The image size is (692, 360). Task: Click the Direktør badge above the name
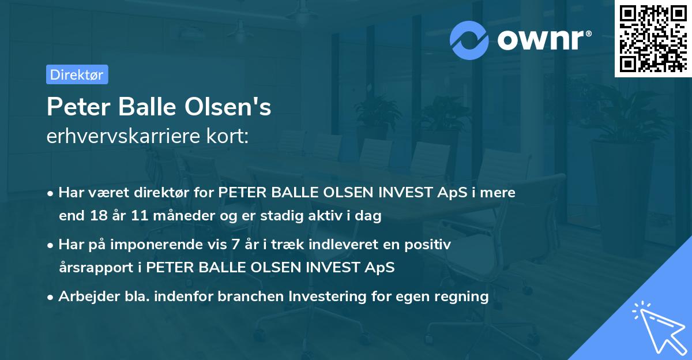(x=77, y=74)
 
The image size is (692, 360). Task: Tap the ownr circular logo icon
(x=469, y=40)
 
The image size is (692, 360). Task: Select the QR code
(x=653, y=38)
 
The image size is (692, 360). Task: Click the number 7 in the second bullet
(x=235, y=245)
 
